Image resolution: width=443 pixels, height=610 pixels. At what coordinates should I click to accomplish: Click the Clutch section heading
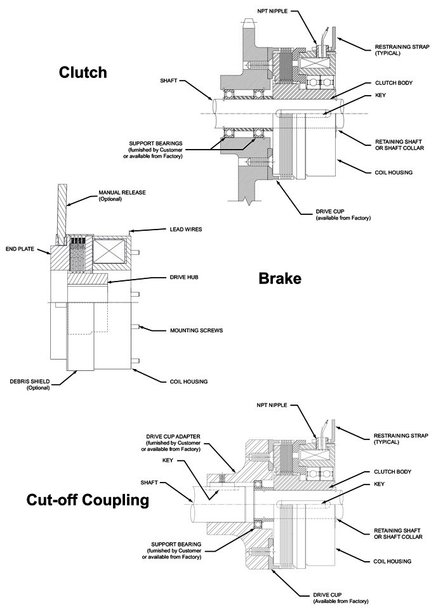tap(83, 73)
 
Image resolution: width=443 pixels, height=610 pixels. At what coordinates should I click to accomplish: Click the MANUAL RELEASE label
tap(119, 195)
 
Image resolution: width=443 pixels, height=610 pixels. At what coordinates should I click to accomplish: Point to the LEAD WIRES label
tap(186, 229)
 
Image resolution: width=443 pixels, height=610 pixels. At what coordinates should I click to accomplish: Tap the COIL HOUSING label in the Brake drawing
tap(188, 382)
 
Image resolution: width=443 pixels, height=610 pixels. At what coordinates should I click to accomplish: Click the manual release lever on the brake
tap(62, 209)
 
